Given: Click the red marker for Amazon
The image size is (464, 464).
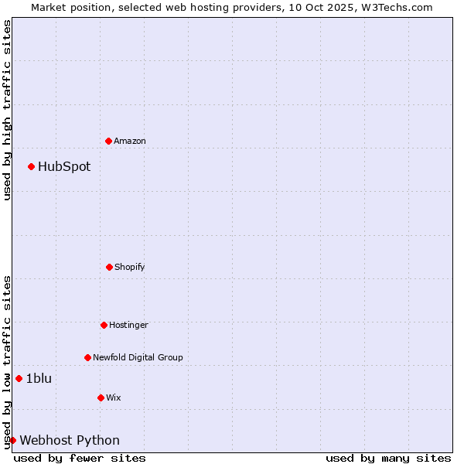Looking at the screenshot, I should [x=108, y=141].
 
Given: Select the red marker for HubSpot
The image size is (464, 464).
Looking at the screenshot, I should [x=31, y=166].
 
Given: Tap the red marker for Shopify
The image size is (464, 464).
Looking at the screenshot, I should [x=109, y=267].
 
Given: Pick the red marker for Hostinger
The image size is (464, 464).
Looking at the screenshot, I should [x=104, y=325].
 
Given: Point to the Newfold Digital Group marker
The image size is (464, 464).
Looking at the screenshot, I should [x=87, y=357].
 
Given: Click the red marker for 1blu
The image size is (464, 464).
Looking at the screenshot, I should [x=19, y=378].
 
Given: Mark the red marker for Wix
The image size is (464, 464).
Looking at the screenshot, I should [x=101, y=397].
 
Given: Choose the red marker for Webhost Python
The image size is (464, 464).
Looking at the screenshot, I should [x=12, y=440].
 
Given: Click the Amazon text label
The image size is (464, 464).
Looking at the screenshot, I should [x=130, y=141].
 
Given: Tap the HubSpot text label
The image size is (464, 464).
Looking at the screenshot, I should [x=64, y=166].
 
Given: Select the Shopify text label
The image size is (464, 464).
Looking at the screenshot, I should [x=130, y=267].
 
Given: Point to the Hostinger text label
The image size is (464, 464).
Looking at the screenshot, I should [x=128, y=325].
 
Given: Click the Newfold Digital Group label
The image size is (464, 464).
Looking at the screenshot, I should [x=138, y=357].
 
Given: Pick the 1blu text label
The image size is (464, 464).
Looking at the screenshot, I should [x=39, y=378].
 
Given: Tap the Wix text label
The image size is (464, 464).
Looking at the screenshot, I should [x=114, y=397].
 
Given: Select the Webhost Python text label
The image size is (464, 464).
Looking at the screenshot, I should [x=70, y=440].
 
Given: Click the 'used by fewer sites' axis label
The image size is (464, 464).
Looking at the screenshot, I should [x=80, y=458].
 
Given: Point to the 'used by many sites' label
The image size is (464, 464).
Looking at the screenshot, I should [x=388, y=458].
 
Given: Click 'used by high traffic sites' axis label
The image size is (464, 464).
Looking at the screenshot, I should [x=7, y=110].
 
